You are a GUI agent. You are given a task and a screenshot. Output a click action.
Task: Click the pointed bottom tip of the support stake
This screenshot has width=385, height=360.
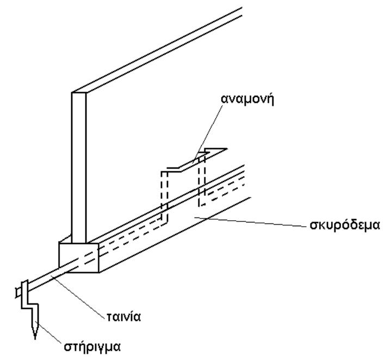[34, 339]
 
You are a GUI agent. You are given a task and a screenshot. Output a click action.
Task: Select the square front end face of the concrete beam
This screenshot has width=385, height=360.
[78, 257]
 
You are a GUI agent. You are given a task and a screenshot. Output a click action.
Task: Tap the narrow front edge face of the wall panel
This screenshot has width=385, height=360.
[79, 163]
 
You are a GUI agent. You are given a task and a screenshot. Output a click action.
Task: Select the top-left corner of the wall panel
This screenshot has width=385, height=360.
[73, 93]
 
